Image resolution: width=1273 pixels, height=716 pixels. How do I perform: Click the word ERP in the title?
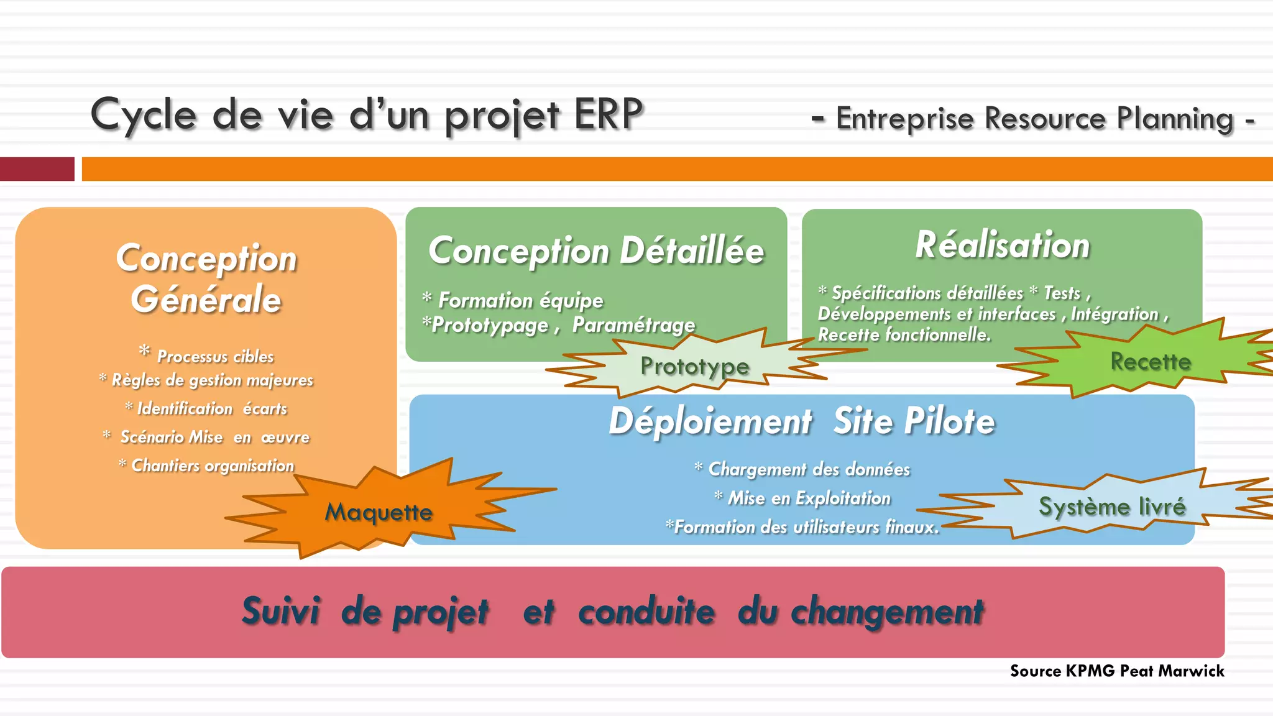(608, 114)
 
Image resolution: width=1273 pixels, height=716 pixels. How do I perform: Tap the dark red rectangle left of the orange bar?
(37, 169)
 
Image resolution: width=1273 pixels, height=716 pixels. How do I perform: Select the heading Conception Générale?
(206, 278)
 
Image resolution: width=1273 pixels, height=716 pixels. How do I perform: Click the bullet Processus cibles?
(214, 356)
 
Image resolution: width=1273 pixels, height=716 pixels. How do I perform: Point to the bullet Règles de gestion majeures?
(212, 380)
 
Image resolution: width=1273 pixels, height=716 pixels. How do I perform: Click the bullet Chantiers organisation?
(212, 466)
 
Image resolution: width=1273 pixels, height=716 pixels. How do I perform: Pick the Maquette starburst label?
(379, 512)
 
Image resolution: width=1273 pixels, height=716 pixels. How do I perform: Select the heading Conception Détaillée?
(596, 250)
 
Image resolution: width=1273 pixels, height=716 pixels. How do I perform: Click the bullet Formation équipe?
(520, 300)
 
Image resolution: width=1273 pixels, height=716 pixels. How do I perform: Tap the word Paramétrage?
(633, 324)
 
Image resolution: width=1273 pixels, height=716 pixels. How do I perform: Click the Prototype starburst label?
(694, 366)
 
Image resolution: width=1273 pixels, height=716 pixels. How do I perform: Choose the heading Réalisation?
(1002, 244)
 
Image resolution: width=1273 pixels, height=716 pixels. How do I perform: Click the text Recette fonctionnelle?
(904, 335)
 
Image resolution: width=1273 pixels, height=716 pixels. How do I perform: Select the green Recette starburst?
(1150, 361)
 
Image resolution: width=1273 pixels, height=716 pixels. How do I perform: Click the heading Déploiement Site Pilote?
(802, 421)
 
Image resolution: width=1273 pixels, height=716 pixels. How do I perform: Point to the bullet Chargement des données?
(808, 469)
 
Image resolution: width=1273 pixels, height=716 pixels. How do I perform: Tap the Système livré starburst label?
(1112, 507)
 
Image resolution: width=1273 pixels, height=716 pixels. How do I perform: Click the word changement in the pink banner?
(887, 612)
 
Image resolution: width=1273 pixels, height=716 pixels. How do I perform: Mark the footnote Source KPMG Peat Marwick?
(1116, 671)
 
